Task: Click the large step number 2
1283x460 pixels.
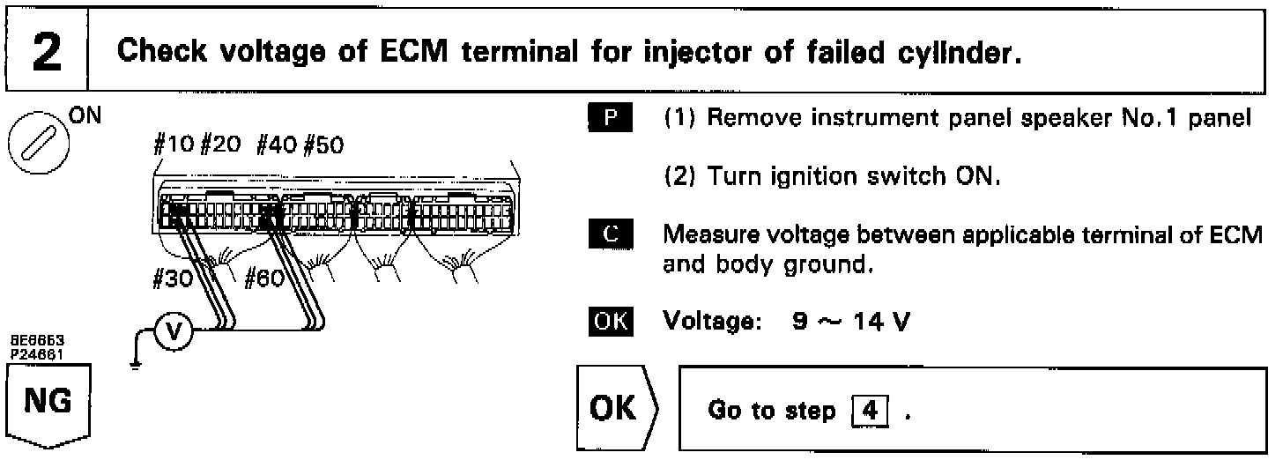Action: point(45,53)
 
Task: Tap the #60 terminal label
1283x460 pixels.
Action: point(263,280)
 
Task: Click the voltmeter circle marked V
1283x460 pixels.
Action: point(174,330)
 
